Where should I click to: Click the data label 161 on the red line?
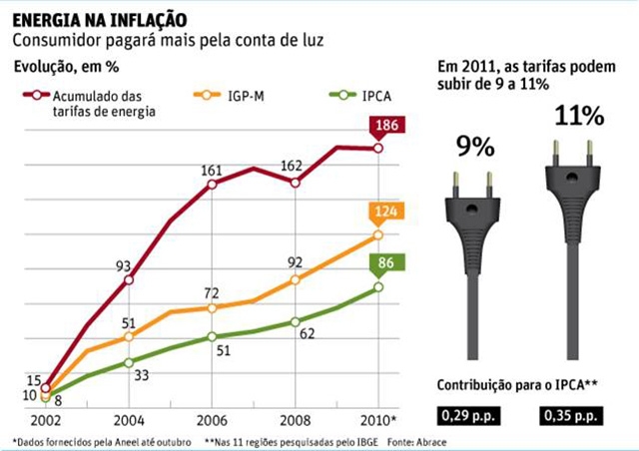click(x=210, y=171)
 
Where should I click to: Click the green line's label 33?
click(x=141, y=374)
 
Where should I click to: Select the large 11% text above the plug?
click(x=578, y=116)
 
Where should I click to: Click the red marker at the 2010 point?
click(x=378, y=148)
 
